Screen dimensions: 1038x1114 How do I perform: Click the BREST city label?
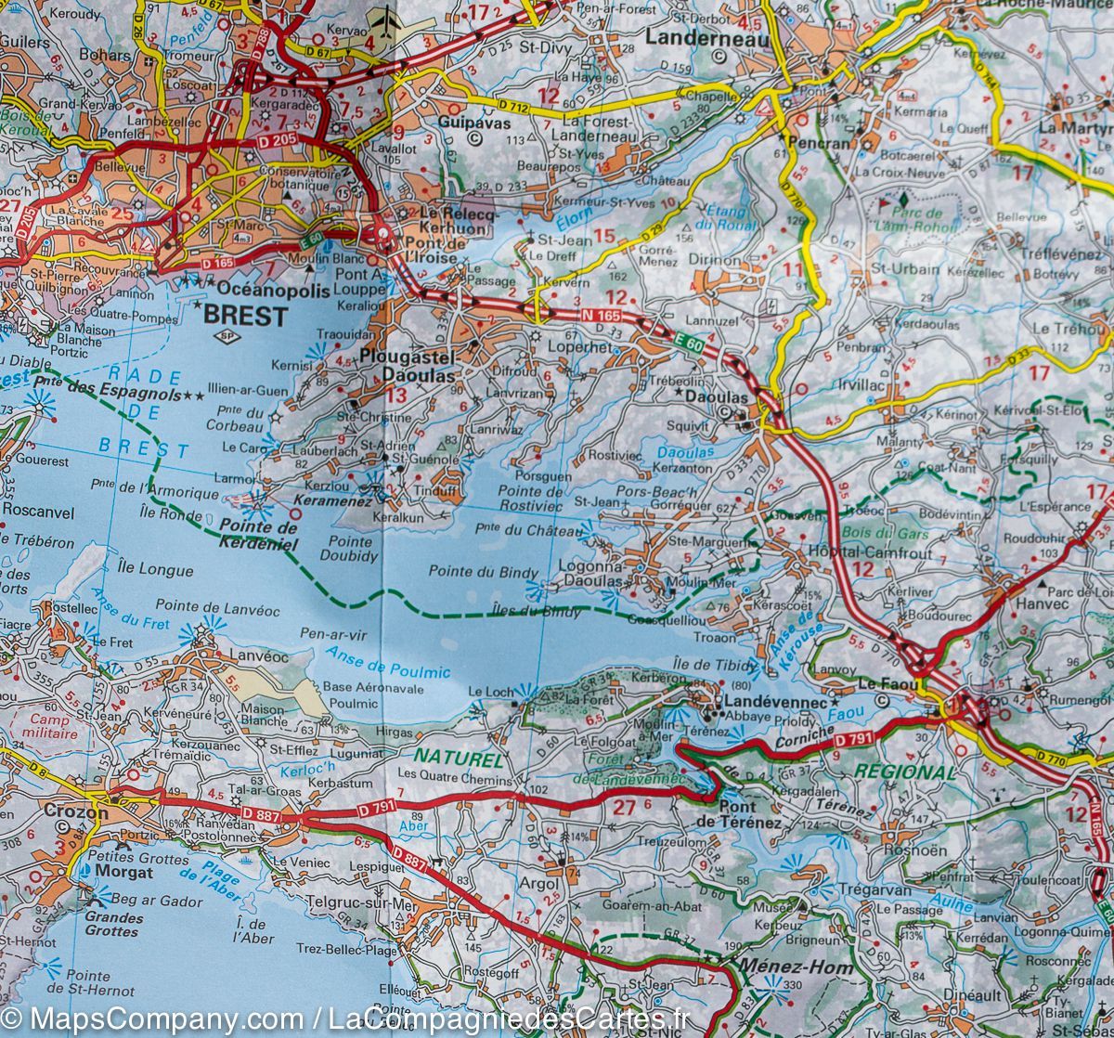pos(245,316)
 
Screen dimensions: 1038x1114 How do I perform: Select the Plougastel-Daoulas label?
pos(421,368)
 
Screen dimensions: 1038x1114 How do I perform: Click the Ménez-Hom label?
pos(782,966)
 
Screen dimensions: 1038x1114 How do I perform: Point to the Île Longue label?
pos(155,569)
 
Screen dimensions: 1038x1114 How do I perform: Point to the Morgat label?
pos(123,873)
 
